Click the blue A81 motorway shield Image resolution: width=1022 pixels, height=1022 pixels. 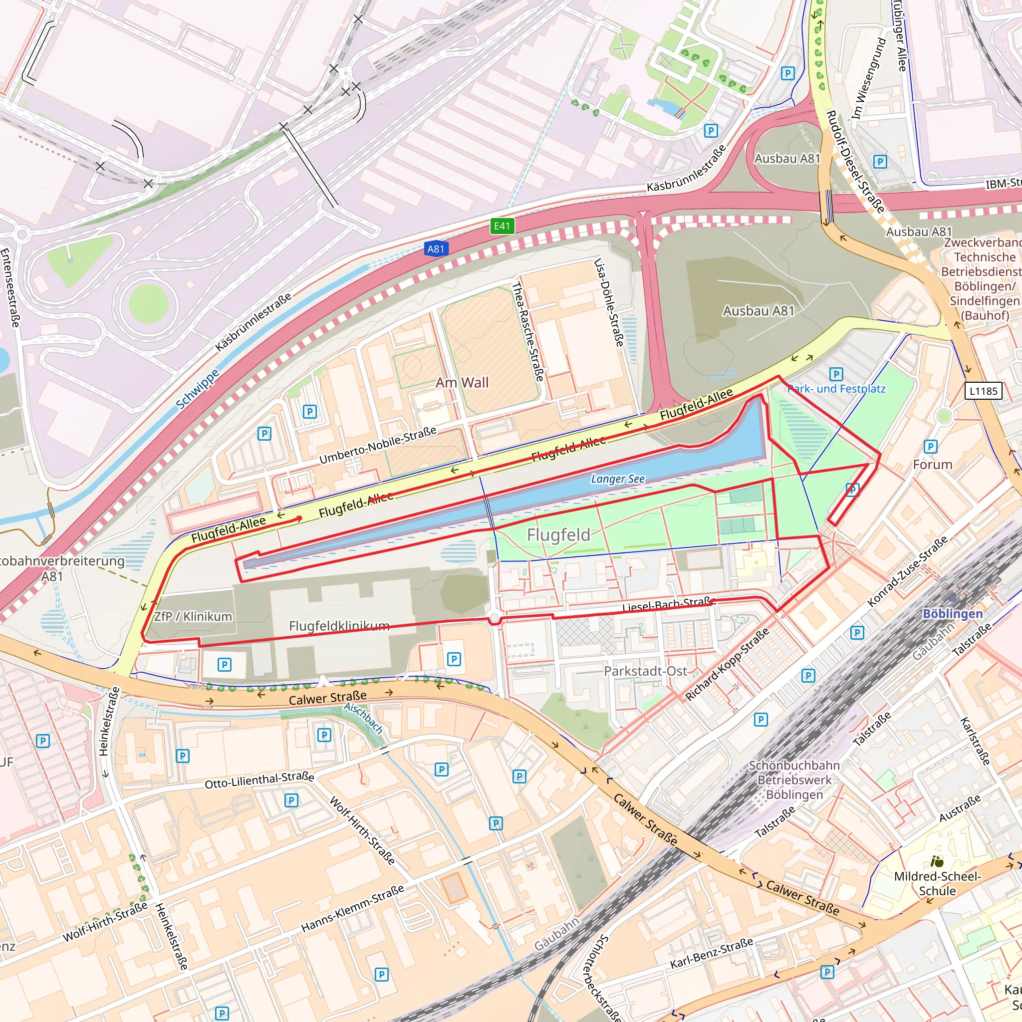click(436, 249)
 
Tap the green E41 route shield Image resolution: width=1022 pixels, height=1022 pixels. click(502, 227)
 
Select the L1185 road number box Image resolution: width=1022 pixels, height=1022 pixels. click(984, 391)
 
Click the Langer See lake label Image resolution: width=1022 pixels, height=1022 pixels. click(617, 479)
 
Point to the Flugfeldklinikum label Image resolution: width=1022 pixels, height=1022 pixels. click(339, 626)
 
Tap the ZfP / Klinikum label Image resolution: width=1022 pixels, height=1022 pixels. click(193, 617)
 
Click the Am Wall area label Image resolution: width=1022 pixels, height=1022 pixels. click(462, 382)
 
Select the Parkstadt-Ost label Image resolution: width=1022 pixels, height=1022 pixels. click(645, 671)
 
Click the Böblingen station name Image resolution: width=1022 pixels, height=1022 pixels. click(952, 614)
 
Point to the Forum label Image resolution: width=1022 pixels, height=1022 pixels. click(933, 465)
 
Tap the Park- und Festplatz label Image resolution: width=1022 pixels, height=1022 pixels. click(836, 389)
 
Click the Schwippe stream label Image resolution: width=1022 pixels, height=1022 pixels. click(197, 389)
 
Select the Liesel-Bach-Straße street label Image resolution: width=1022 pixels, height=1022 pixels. click(669, 604)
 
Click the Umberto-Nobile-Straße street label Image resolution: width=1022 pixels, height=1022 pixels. click(378, 445)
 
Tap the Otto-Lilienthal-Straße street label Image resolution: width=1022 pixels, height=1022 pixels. click(259, 780)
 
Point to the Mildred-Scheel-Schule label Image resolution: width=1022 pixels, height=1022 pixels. click(937, 884)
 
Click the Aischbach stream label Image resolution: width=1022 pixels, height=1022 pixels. click(363, 717)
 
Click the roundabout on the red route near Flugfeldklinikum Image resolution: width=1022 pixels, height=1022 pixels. click(495, 618)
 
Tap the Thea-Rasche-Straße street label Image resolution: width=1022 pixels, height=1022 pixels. click(527, 332)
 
